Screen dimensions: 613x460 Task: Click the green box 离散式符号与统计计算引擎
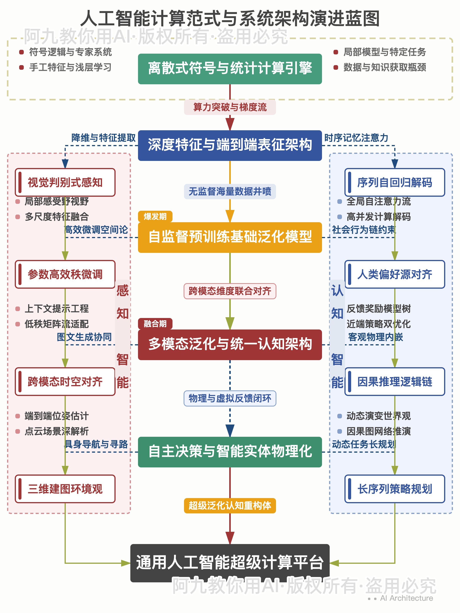[230, 69]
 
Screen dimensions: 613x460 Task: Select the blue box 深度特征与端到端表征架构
[230, 145]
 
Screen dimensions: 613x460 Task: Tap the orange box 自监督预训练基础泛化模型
[230, 237]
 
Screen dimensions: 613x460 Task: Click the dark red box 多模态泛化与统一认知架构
[230, 344]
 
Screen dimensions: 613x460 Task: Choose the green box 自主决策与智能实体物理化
[230, 452]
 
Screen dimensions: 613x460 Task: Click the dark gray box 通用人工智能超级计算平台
[230, 563]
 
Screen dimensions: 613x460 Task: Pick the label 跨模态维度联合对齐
[230, 291]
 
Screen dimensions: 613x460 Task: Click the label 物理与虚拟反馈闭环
[230, 398]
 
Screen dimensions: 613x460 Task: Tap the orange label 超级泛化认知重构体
[230, 506]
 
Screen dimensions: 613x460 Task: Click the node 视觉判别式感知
[65, 182]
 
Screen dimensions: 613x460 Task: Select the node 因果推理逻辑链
[395, 382]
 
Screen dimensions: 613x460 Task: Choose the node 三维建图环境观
[65, 489]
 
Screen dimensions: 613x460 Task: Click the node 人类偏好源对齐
[395, 274]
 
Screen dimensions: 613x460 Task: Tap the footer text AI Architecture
[406, 598]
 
